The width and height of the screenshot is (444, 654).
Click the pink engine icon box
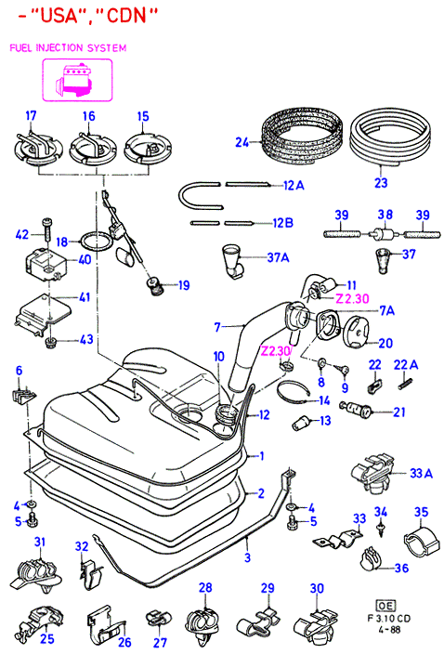point(77,80)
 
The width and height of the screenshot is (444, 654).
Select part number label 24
point(242,142)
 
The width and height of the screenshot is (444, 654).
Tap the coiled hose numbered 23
point(390,137)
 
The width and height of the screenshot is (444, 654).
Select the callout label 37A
point(278,257)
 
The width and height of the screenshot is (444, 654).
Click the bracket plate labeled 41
point(42,312)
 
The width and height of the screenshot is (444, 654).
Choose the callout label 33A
point(421,473)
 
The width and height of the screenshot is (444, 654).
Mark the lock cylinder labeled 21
point(356,409)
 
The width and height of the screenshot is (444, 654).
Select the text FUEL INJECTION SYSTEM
point(68,47)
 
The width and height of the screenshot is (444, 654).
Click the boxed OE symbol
point(386,605)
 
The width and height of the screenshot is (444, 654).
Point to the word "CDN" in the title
point(126,16)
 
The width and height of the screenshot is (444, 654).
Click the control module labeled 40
point(46,264)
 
